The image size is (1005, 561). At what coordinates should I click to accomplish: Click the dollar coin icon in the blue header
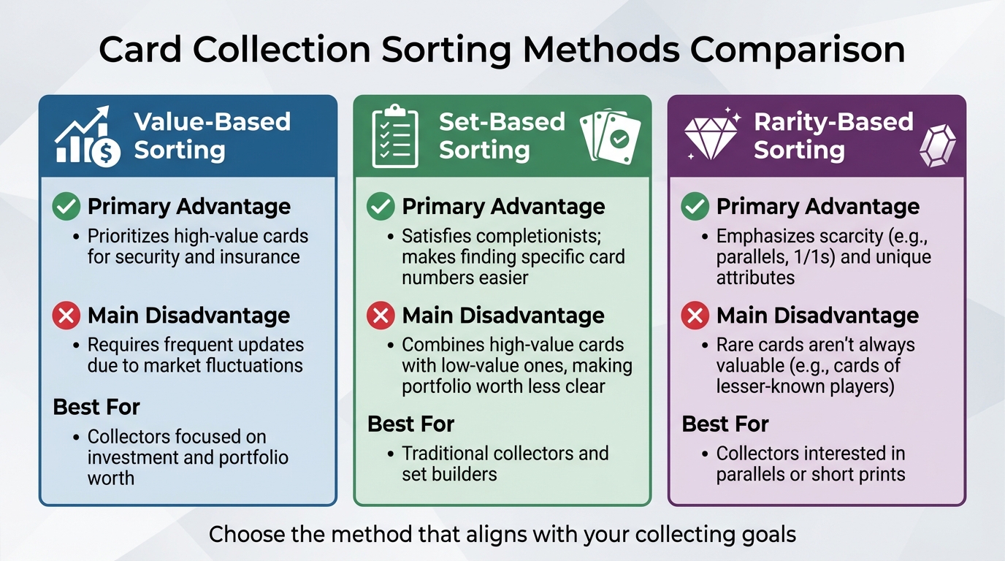tap(105, 153)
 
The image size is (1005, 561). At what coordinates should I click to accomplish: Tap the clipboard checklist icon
tap(395, 136)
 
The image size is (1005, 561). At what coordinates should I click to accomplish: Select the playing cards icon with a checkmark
tap(611, 136)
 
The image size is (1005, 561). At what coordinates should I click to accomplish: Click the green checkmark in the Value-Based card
tap(66, 207)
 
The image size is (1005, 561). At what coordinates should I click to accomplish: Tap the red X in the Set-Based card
tap(381, 316)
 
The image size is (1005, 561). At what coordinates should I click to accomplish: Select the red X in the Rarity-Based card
tap(695, 316)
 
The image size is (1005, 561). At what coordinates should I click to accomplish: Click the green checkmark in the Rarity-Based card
tap(695, 207)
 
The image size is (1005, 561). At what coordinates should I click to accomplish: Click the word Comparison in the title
tap(798, 50)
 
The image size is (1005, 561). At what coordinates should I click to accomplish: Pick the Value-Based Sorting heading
tap(213, 136)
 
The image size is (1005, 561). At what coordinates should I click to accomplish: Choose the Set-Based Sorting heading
tap(502, 136)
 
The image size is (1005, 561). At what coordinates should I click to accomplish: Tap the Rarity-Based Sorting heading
tap(833, 136)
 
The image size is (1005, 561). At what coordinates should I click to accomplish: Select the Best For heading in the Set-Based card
tap(411, 424)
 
